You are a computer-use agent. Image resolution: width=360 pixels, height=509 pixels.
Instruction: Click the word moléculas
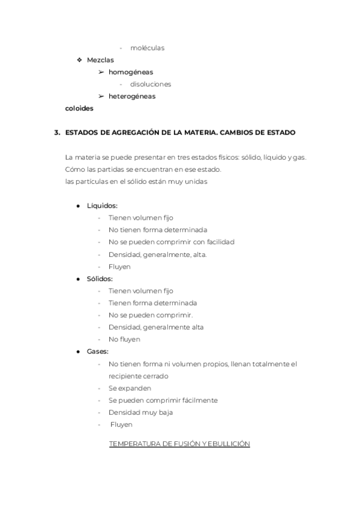(147, 48)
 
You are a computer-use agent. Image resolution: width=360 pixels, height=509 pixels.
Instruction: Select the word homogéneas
(131, 72)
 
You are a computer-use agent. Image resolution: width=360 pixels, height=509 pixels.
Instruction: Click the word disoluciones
(151, 84)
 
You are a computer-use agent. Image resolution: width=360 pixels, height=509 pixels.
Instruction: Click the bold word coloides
(79, 109)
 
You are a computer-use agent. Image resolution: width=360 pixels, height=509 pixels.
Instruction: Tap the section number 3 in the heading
(56, 132)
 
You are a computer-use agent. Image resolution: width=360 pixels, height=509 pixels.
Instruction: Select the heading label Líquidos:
(102, 206)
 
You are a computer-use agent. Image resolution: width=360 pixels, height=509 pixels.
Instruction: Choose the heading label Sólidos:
(100, 279)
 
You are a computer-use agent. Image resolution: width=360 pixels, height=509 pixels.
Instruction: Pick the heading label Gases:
(98, 351)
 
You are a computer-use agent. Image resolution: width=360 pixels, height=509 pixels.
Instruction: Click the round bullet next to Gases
(79, 351)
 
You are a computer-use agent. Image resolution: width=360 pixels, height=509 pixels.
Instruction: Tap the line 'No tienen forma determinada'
(158, 230)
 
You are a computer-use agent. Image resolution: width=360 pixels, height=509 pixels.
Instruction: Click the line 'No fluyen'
(124, 339)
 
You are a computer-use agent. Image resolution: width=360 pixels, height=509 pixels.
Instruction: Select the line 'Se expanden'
(130, 388)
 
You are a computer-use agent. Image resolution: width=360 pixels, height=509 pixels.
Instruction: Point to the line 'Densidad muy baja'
(140, 412)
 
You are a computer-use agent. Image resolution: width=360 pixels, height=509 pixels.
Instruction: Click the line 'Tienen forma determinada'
(152, 303)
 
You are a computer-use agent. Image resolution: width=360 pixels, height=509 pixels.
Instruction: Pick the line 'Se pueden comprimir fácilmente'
(163, 400)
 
